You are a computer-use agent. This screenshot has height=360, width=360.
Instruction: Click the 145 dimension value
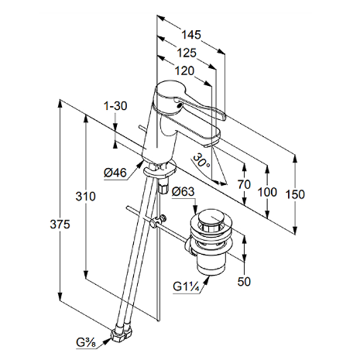click(x=191, y=35)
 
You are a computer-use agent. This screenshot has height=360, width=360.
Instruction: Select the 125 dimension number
click(x=187, y=53)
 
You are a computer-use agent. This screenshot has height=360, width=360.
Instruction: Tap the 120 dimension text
click(x=184, y=70)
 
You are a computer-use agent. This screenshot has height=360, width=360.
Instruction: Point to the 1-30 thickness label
click(x=115, y=106)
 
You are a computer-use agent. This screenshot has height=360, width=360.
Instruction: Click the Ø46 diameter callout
click(x=115, y=173)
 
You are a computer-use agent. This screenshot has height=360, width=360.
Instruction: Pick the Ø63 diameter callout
click(x=183, y=191)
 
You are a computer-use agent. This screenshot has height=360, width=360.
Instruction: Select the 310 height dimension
click(x=85, y=197)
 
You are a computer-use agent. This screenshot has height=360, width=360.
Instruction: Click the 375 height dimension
click(x=60, y=225)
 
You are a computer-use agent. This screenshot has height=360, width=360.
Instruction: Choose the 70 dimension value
click(x=244, y=184)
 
